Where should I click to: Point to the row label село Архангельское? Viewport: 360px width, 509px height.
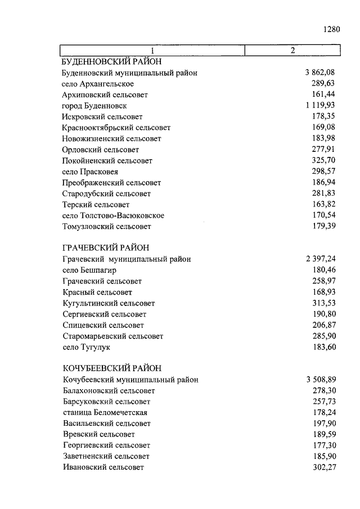tap(98, 84)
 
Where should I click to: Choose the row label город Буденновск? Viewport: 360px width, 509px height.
tap(94, 106)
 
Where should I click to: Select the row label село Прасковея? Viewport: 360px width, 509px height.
tap(90, 172)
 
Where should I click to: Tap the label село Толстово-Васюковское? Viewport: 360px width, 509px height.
tap(113, 215)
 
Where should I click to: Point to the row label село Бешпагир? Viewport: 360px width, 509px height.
tap(89, 270)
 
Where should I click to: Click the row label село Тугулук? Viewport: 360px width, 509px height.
tap(86, 347)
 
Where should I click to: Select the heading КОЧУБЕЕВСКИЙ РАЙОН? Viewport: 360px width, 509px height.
tap(112, 368)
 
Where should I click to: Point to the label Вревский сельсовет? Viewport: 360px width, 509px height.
tap(98, 434)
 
